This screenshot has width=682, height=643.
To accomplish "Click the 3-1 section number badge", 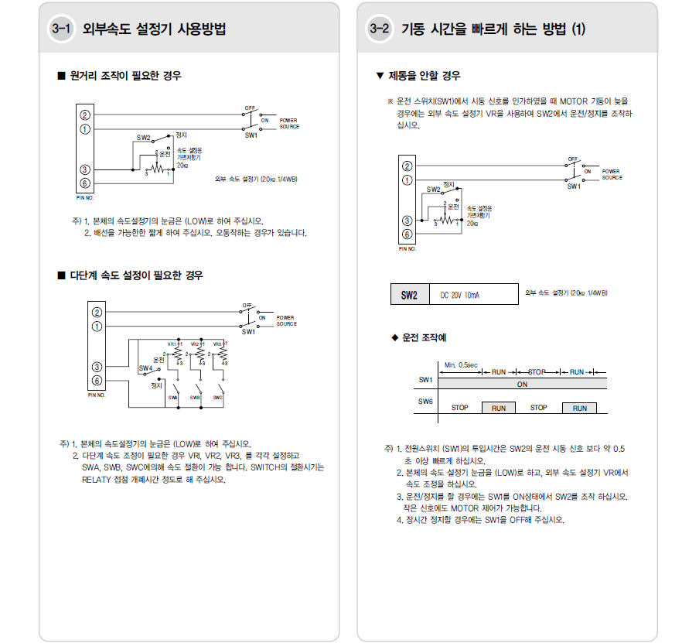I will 60,29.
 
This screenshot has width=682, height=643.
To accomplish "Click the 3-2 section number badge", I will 379,29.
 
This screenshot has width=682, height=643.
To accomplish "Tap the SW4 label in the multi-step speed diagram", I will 145,368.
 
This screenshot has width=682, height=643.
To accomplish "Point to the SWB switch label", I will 196,397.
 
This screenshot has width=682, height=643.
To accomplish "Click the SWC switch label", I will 218,397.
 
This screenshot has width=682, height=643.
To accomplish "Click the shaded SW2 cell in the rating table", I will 409,295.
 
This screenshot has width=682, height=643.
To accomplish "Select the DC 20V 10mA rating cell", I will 460,295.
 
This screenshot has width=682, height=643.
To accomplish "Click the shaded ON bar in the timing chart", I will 522,383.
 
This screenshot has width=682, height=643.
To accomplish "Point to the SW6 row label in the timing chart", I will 425,402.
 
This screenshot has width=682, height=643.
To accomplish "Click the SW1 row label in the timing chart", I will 425,380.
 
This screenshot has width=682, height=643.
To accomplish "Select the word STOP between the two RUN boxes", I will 538,408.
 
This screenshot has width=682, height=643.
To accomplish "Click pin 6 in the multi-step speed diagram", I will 97,381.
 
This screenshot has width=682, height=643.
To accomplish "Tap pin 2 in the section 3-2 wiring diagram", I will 407,166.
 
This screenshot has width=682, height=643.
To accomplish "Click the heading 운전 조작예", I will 424,338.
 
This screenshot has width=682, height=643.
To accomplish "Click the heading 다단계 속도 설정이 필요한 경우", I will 136,275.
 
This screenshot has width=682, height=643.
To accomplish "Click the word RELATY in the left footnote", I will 97,479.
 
